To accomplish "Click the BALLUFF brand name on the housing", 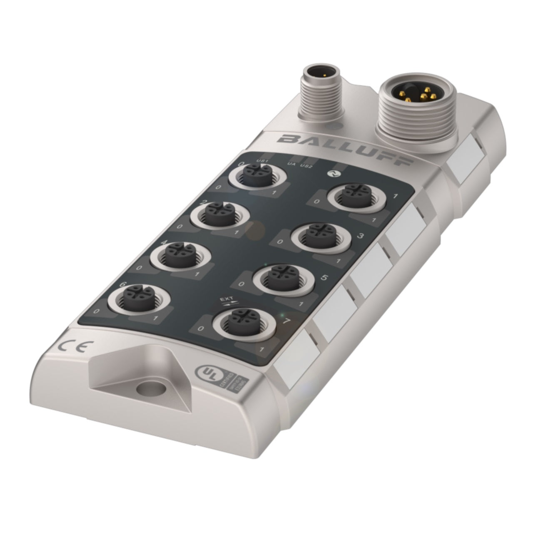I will coord(345,149).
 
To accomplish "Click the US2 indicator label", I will coord(306,166).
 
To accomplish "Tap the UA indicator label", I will coord(291,164).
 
